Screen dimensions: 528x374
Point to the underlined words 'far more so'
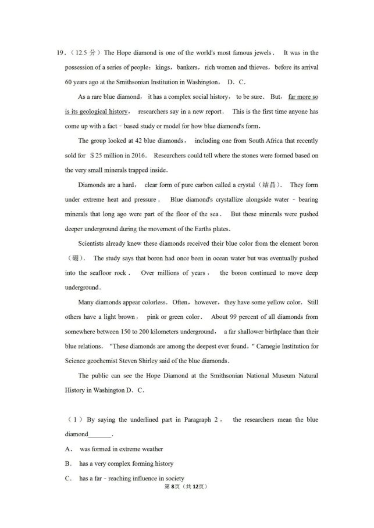pyautogui.click(x=303, y=96)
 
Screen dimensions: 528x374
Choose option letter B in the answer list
pyautogui.click(x=68, y=464)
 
